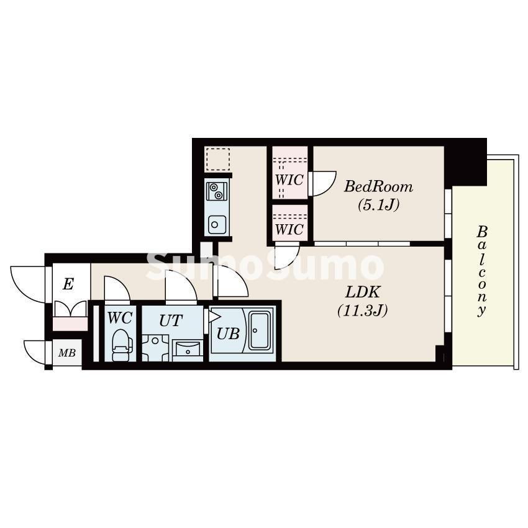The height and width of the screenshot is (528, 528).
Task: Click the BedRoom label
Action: tap(378, 186)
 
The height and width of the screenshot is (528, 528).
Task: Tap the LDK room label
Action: tap(363, 293)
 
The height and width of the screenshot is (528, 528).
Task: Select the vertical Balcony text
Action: tap(482, 271)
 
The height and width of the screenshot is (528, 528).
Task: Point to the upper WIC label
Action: tap(289, 180)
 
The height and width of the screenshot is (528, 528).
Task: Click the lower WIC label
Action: tap(289, 230)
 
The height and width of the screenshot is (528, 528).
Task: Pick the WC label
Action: tap(120, 318)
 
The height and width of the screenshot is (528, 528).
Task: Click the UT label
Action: tap(171, 321)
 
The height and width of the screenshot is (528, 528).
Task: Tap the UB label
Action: tap(228, 334)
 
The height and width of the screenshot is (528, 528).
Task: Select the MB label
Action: tap(67, 353)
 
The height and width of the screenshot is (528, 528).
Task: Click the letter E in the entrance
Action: tap(68, 284)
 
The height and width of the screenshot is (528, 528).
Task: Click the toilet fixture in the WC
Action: tap(122, 345)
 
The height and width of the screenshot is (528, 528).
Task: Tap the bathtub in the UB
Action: tap(259, 331)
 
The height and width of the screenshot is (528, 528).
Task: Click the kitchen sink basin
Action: tap(217, 225)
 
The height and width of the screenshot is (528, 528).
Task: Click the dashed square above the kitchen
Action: tap(218, 158)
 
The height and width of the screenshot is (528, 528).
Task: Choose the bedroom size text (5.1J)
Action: tap(378, 204)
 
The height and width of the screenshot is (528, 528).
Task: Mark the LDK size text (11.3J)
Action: tap(363, 310)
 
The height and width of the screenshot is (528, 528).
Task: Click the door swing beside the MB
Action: tap(35, 352)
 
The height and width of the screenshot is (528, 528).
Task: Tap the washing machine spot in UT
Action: tap(155, 348)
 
